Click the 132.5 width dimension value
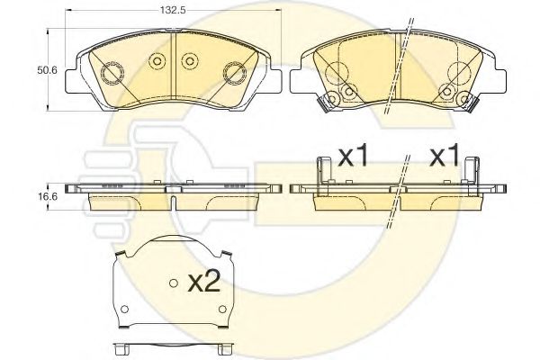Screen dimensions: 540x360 [173, 10]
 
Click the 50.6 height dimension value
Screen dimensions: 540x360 [48, 70]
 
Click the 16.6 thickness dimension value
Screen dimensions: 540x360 [48, 197]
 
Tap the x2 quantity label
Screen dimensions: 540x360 [204, 283]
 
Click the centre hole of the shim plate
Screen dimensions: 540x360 [174, 283]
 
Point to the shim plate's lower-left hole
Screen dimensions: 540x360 [125, 309]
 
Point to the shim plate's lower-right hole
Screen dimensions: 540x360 [223, 309]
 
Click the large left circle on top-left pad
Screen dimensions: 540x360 [112, 73]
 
